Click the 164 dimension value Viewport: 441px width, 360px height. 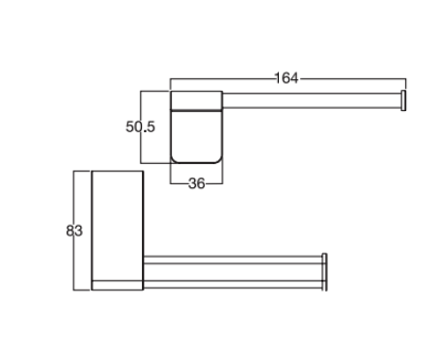tap(287, 78)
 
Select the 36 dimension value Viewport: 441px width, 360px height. tap(197, 180)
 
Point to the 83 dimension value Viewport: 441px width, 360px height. tap(74, 231)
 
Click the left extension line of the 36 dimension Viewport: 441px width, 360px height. tap(171, 172)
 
